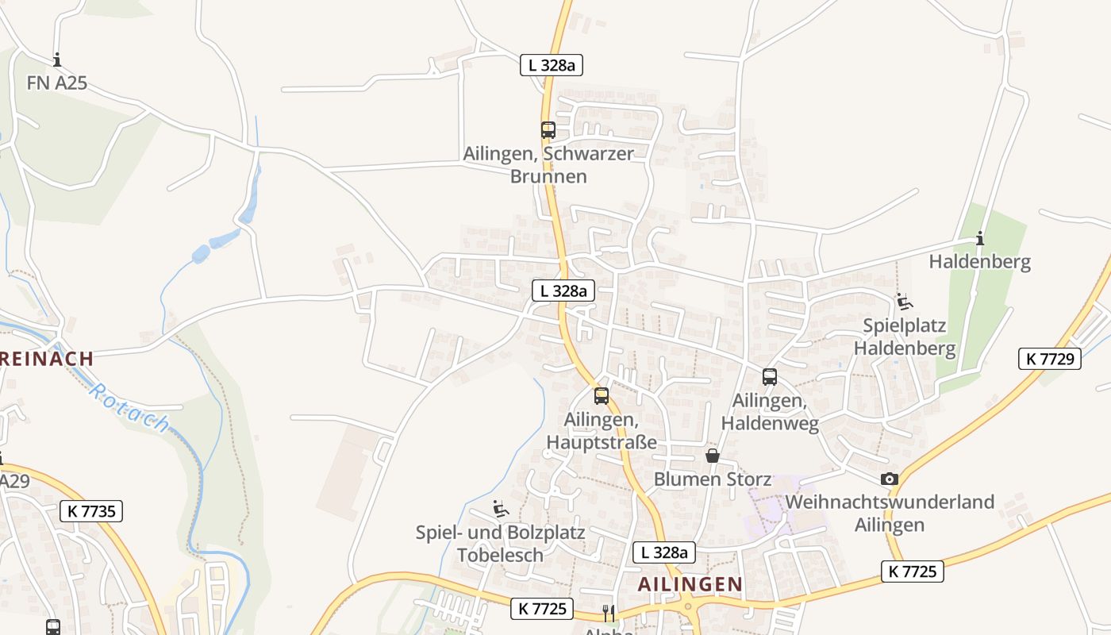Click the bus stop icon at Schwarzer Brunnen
[x=548, y=130]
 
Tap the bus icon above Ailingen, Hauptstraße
[x=602, y=395]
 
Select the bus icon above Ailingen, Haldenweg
[x=769, y=377]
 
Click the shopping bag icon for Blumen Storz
[x=713, y=456]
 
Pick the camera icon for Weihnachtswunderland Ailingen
[x=890, y=479]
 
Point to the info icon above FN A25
[x=56, y=60]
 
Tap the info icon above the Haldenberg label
[x=980, y=238]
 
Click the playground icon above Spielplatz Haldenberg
[x=905, y=302]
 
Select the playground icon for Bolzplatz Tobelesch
[x=501, y=508]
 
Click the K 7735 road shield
[x=91, y=511]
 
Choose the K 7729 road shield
[x=1050, y=359]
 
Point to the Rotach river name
[x=129, y=407]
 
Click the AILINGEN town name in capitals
[x=690, y=584]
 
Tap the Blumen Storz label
[x=712, y=479]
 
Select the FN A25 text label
[x=56, y=83]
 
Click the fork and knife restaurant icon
[x=609, y=613]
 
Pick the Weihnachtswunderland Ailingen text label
[x=890, y=514]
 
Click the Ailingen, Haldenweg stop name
[x=769, y=413]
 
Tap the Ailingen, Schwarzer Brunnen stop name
[x=548, y=165]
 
